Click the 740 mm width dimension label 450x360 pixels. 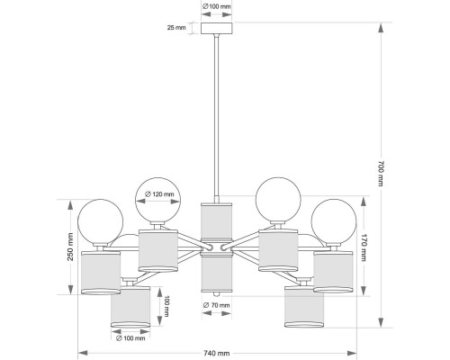[217, 353]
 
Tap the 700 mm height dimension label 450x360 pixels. [381, 174]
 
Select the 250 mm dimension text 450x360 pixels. [70, 247]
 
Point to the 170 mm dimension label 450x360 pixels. [363, 247]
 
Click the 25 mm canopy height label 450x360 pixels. [176, 28]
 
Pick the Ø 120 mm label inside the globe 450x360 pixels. [159, 194]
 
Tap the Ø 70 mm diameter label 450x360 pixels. [216, 305]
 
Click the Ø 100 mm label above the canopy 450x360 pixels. [216, 6]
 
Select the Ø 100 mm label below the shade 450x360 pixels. [130, 338]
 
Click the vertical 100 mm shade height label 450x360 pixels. [166, 306]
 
